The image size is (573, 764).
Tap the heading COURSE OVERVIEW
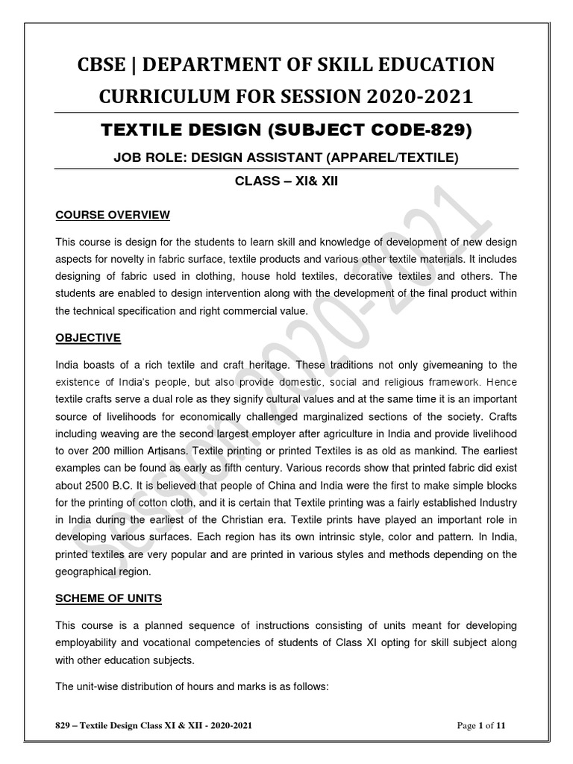(113, 216)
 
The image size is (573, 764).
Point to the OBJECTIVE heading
(88, 338)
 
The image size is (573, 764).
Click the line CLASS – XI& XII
(286, 181)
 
